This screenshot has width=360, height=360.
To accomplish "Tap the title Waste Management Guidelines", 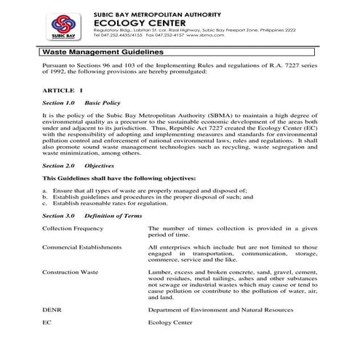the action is (x=97, y=52).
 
